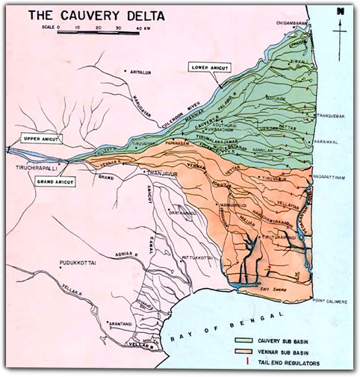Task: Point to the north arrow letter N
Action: [x=340, y=11]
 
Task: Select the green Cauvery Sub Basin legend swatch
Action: [x=243, y=338]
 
